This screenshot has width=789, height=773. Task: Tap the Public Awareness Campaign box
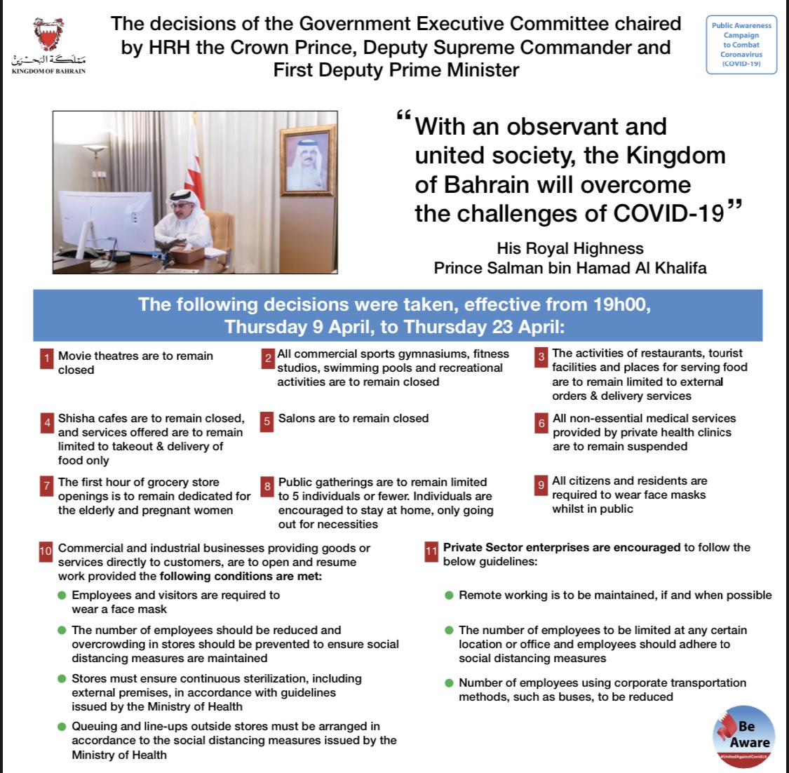point(741,45)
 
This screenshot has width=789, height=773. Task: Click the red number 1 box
point(46,358)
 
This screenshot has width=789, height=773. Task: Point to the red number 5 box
point(267,421)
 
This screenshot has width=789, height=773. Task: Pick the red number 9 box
point(541,485)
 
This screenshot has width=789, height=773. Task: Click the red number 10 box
point(46,551)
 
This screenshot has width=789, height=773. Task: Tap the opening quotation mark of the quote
point(403,116)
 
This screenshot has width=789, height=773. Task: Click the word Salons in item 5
point(297,418)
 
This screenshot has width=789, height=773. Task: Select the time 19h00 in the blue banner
point(619,304)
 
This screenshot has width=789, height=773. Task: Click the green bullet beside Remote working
point(449,596)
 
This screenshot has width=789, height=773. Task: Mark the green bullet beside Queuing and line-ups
point(62,727)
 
